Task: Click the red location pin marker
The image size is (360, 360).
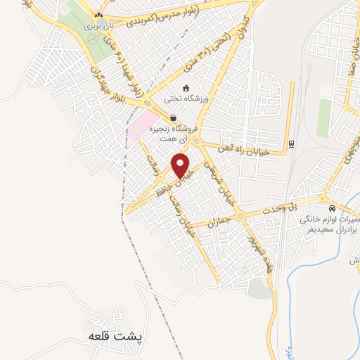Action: click(181, 167)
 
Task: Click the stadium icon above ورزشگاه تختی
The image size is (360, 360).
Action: click(186, 88)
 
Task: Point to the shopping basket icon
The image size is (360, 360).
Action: click(173, 117)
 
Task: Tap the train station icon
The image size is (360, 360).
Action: click(292, 145)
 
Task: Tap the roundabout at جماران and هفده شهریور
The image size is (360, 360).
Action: click(241, 217)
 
